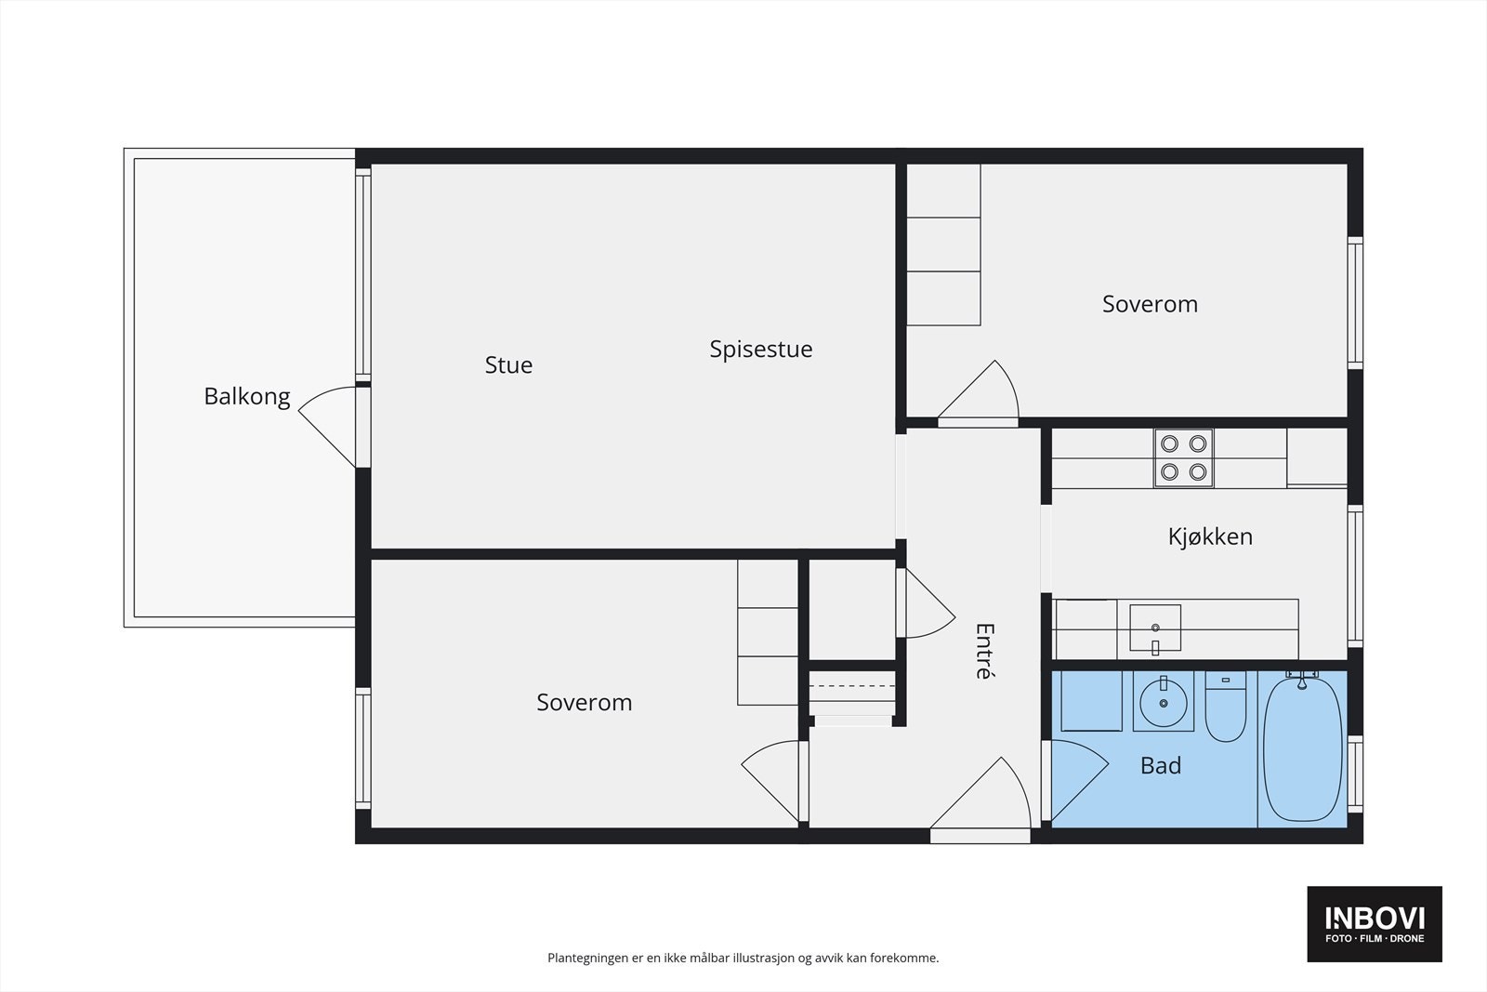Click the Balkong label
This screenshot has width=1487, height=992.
[247, 397]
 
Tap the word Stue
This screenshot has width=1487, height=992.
[508, 365]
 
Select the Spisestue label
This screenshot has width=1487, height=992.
[761, 350]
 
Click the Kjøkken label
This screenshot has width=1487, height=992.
[1210, 536]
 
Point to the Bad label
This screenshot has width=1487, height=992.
[1161, 765]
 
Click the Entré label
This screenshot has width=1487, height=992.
[984, 651]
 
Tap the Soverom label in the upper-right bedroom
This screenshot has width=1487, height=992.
[1150, 304]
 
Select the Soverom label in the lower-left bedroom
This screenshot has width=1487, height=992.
[585, 703]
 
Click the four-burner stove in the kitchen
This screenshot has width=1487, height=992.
[1184, 458]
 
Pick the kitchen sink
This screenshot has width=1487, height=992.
[1155, 628]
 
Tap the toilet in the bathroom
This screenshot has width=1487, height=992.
[1226, 707]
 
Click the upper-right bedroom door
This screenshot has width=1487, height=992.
[977, 392]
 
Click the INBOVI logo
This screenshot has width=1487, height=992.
[1375, 923]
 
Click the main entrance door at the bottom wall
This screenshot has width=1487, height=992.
[980, 800]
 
